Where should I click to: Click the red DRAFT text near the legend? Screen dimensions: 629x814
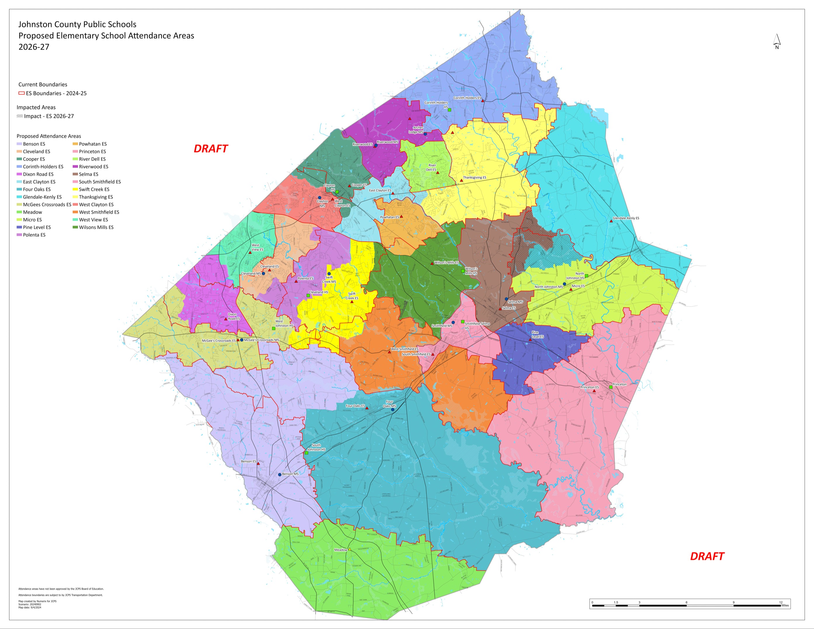pyautogui.click(x=211, y=149)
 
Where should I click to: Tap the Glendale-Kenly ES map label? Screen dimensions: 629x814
pyautogui.click(x=626, y=218)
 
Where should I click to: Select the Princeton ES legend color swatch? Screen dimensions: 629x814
pyautogui.click(x=75, y=152)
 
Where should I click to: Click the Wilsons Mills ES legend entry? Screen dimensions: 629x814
pyautogui.click(x=93, y=227)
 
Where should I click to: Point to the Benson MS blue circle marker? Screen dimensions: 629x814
pyautogui.click(x=280, y=475)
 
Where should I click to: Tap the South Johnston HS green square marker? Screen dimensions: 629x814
pyautogui.click(x=306, y=453)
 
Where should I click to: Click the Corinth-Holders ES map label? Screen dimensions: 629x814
pyautogui.click(x=467, y=98)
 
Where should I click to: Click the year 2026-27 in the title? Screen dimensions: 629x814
pyautogui.click(x=34, y=47)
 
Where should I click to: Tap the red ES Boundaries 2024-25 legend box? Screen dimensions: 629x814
pyautogui.click(x=22, y=93)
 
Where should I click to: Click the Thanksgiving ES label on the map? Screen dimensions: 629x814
pyautogui.click(x=474, y=178)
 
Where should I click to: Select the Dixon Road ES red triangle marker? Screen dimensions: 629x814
pyautogui.click(x=226, y=319)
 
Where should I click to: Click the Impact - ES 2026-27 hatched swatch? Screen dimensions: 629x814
pyautogui.click(x=20, y=116)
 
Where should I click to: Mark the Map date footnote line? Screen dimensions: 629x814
pyautogui.click(x=30, y=607)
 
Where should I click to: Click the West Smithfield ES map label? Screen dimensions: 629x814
pyautogui.click(x=404, y=349)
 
